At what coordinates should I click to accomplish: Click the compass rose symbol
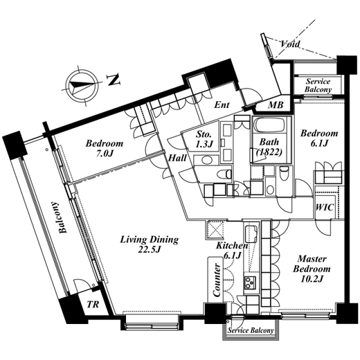click(x=82, y=85)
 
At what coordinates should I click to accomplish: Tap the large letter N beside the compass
click(x=114, y=80)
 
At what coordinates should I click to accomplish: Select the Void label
click(x=290, y=44)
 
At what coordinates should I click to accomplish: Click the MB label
click(x=276, y=105)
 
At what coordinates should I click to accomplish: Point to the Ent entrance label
click(x=222, y=105)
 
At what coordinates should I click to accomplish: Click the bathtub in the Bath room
click(x=270, y=126)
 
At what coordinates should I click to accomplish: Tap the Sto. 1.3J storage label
click(x=204, y=139)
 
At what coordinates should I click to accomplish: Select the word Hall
click(x=177, y=158)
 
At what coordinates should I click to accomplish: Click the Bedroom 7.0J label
click(x=105, y=148)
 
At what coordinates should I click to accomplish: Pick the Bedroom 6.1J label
click(x=319, y=138)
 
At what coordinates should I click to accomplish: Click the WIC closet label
click(x=325, y=207)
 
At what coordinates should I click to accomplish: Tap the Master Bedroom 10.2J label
click(x=312, y=269)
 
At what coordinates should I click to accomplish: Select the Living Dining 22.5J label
click(x=150, y=244)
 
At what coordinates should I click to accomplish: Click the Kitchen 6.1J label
click(x=232, y=251)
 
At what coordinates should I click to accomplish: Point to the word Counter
click(x=217, y=280)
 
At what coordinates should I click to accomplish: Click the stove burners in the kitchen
click(x=250, y=282)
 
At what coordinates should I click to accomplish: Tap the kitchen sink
click(x=251, y=234)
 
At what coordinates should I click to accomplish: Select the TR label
click(x=93, y=305)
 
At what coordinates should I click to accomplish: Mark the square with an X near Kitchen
click(x=215, y=230)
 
